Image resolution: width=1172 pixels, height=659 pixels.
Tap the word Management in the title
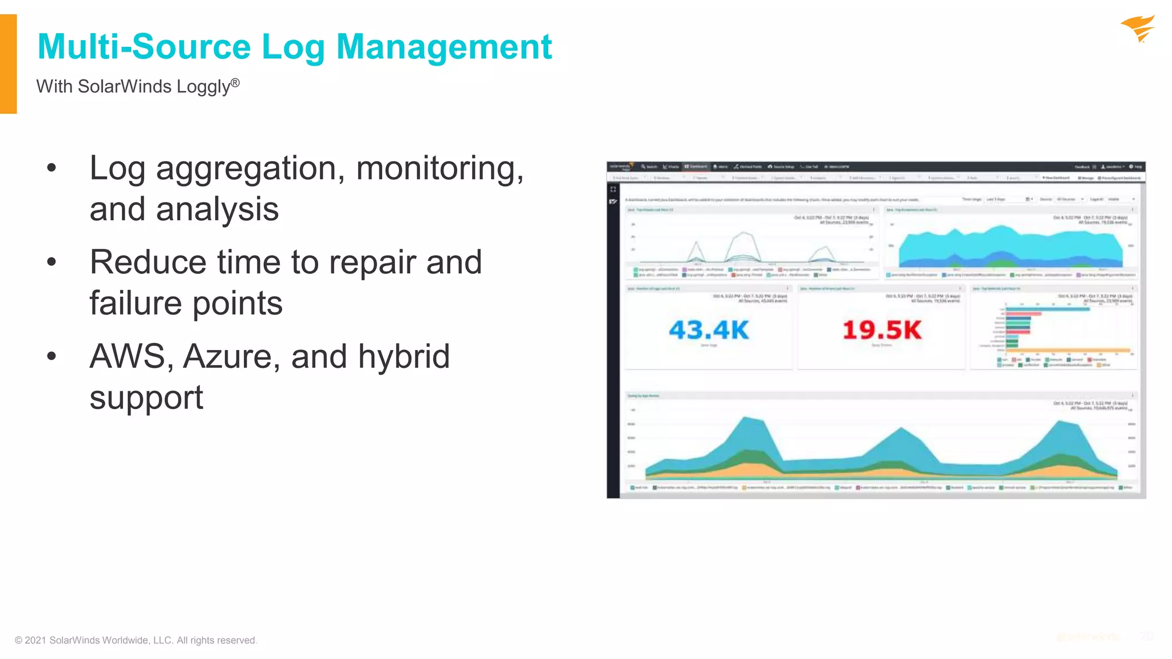444,47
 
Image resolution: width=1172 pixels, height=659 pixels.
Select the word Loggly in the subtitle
203,87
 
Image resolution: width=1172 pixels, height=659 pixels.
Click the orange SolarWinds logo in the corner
1138,29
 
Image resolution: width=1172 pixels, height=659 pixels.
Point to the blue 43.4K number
708,330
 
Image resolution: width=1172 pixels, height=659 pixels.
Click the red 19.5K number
882,330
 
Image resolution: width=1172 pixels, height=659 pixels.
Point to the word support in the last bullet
146,398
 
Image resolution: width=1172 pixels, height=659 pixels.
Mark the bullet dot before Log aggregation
52,168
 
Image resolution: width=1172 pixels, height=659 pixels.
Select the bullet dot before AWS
52,356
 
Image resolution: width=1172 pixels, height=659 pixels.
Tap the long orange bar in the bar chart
1068,350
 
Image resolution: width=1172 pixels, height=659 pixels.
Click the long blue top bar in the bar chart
1047,309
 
